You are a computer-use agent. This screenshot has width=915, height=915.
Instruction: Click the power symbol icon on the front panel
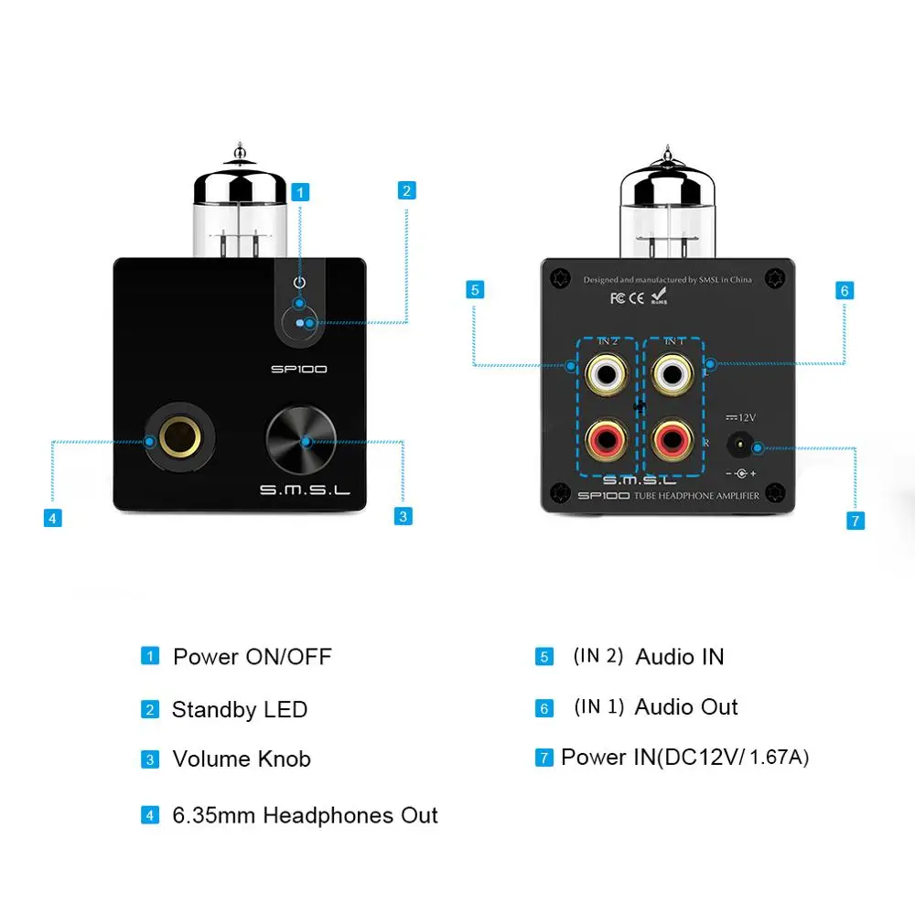(298, 282)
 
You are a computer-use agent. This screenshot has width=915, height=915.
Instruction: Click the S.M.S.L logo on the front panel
(305, 490)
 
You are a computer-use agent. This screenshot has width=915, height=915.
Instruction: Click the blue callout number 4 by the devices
(53, 518)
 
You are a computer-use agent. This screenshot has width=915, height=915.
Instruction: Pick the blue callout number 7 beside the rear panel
(855, 521)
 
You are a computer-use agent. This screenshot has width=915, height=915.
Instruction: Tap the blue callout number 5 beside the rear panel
(474, 290)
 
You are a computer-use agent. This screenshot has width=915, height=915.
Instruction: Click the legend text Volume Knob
(242, 759)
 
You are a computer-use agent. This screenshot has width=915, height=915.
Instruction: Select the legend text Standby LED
(240, 710)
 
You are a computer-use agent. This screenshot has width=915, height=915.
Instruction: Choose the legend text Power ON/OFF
(253, 657)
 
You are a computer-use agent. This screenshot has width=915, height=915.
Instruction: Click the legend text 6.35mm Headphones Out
(306, 815)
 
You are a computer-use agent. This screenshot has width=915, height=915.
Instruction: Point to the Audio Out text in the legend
(686, 707)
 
